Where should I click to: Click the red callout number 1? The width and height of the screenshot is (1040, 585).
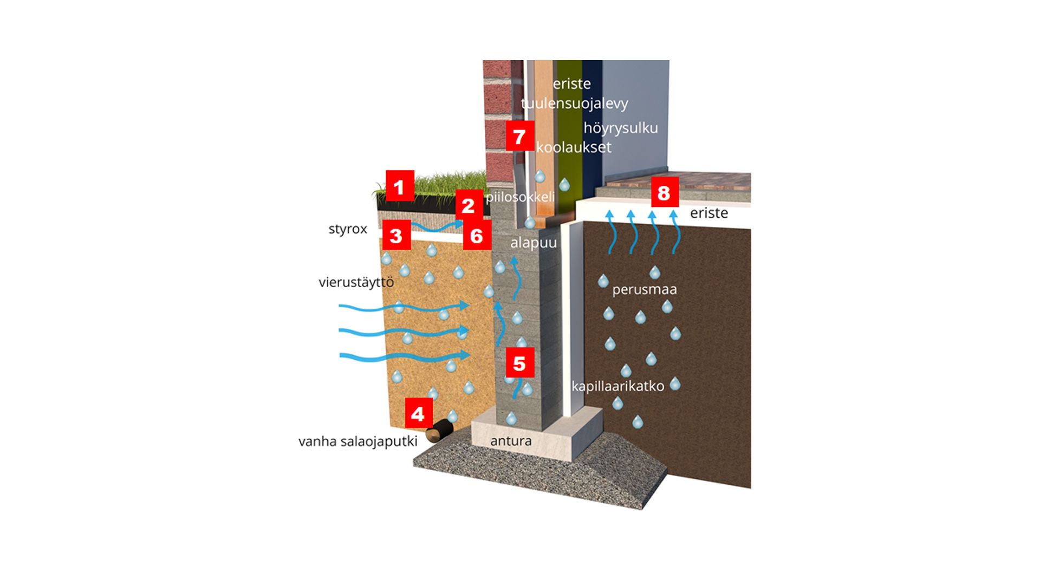(400, 186)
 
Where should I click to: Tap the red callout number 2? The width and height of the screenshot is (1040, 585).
(469, 205)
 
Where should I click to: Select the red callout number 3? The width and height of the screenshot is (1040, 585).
(396, 235)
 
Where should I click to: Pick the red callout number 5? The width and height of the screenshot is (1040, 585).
(519, 362)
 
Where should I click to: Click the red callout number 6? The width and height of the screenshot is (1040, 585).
(477, 235)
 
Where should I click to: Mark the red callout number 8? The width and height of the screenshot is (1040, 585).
(664, 192)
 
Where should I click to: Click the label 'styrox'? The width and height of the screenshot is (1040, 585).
(348, 229)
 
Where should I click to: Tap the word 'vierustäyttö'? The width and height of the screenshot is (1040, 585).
(356, 282)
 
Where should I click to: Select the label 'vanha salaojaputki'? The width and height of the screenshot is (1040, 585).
(358, 441)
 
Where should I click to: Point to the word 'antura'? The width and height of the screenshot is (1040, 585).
(511, 441)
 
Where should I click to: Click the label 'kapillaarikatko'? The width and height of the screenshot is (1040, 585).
(617, 386)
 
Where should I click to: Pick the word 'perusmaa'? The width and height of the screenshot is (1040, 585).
(645, 289)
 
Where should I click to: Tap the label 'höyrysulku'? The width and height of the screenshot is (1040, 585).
(621, 128)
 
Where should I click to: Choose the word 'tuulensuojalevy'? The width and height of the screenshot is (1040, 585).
(574, 103)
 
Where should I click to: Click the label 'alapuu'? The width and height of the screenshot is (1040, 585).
(534, 243)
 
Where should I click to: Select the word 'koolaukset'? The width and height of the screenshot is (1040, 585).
(574, 147)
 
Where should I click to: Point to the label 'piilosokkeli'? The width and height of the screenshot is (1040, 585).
(520, 197)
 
